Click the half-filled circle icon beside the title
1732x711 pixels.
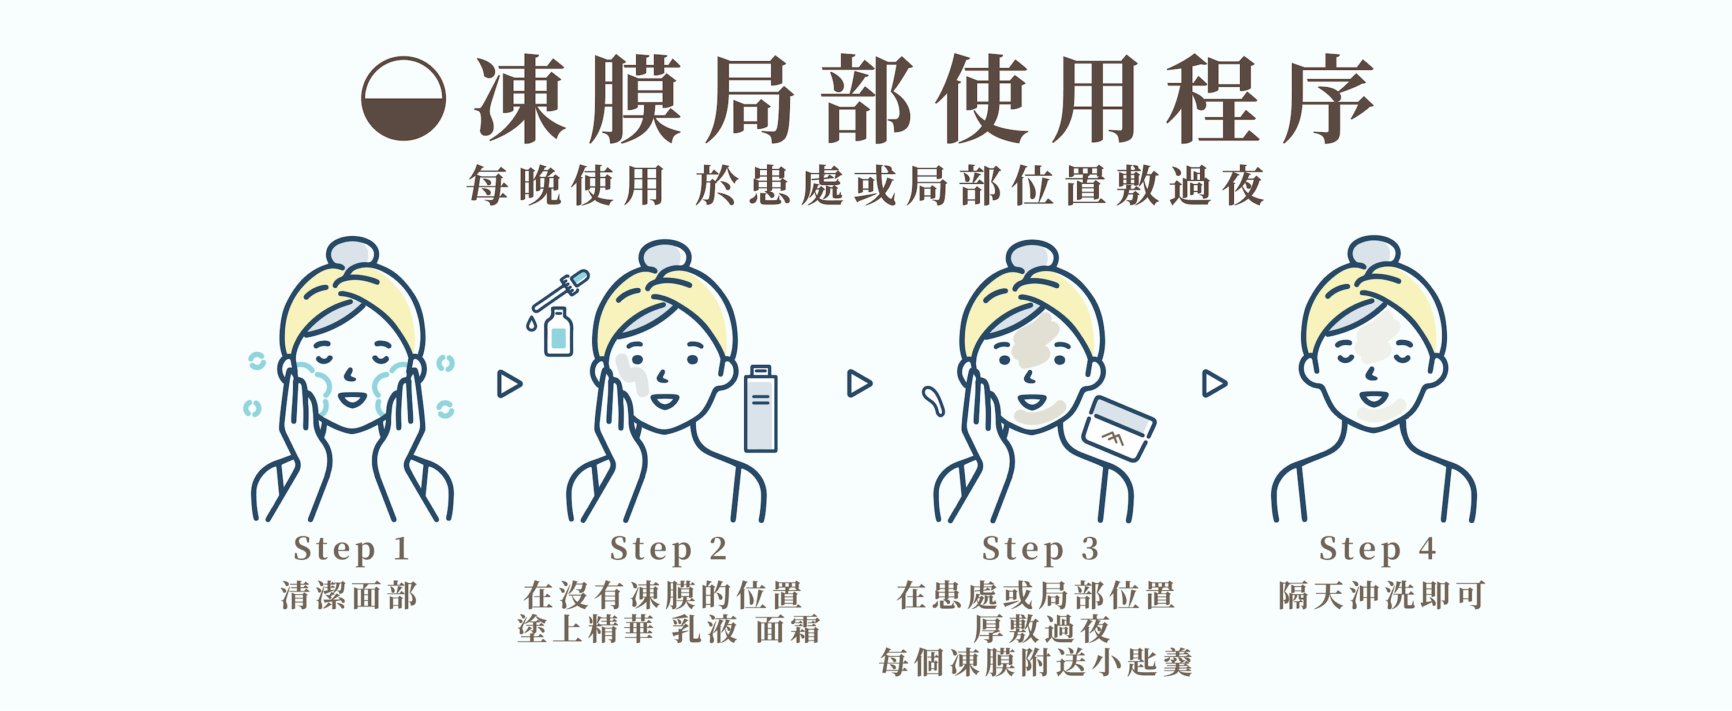pos(404,98)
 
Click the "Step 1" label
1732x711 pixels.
pos(352,549)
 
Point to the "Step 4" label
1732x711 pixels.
pos(1378,549)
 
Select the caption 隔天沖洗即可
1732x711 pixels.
pos(1381,595)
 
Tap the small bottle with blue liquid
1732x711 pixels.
pos(558,332)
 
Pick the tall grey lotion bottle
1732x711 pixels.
pos(760,408)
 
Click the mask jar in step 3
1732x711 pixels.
pos(1118,429)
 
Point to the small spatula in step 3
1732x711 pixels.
pos(933,401)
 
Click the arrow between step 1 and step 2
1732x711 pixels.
pos(509,384)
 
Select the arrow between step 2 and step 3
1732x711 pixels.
pos(859,384)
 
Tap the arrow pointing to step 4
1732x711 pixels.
pos(1214,384)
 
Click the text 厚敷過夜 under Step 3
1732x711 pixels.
pos(1041,630)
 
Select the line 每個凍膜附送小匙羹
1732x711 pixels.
pos(1035,663)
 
